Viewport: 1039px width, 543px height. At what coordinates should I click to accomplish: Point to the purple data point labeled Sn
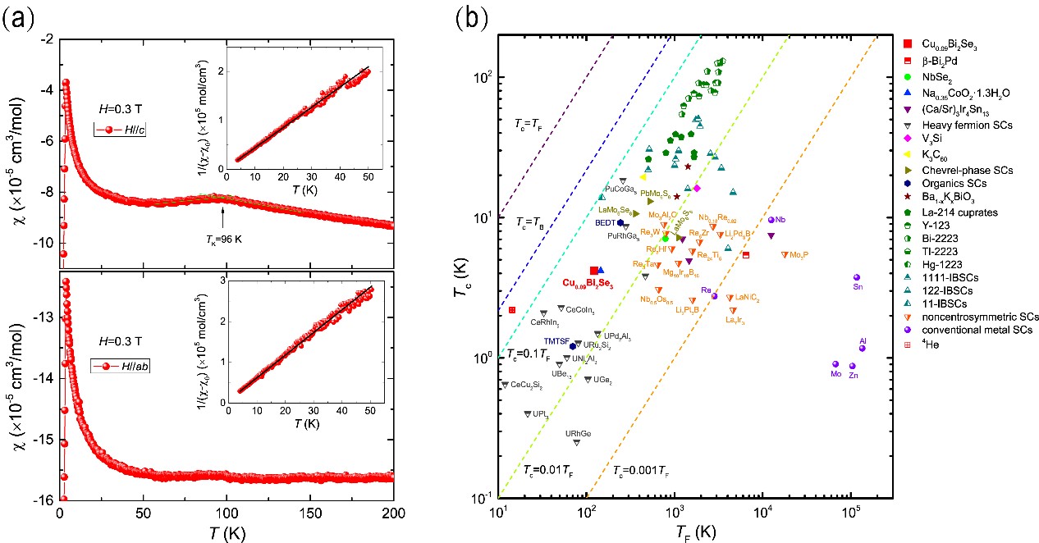tap(856, 278)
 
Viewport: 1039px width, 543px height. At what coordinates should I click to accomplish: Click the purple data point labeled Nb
tap(771, 220)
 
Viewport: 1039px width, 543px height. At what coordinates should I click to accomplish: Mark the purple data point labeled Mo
tap(835, 364)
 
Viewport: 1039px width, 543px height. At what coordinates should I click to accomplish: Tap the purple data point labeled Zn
tap(853, 366)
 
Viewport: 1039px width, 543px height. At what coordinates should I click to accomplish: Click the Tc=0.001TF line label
tap(641, 470)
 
